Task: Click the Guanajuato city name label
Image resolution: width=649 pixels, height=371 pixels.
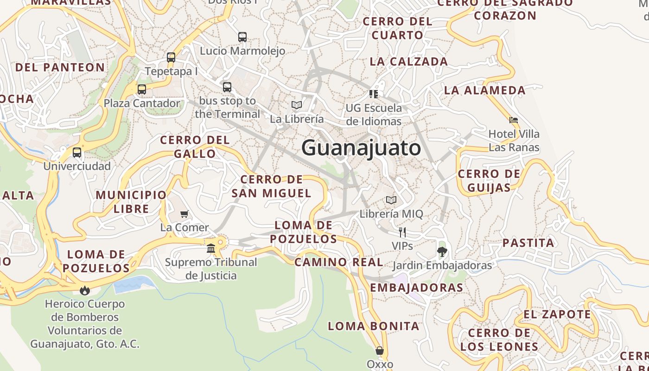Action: [361, 148]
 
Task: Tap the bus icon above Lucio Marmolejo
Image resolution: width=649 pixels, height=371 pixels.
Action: [242, 37]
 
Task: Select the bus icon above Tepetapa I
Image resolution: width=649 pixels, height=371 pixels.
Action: [171, 58]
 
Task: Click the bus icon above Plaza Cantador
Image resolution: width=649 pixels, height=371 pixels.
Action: [142, 89]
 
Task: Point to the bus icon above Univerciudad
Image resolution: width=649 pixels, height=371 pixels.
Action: [77, 152]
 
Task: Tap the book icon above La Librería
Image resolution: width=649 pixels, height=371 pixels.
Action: [297, 105]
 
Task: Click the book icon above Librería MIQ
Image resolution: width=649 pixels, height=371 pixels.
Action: [391, 200]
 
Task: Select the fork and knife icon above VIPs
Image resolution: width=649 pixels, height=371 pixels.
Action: [402, 232]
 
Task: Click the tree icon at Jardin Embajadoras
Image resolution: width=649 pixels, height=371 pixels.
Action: [442, 252]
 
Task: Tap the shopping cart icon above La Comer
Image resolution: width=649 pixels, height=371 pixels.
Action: [185, 214]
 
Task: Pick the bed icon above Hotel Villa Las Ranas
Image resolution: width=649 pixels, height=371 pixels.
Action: [514, 120]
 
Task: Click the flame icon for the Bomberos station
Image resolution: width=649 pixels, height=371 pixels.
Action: [84, 290]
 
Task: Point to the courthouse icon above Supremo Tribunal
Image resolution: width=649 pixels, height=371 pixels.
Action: [211, 249]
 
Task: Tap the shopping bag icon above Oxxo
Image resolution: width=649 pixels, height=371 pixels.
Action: [380, 351]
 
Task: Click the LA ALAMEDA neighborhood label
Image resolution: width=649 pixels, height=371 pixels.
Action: [485, 90]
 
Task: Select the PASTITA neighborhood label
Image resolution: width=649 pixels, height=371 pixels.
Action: [528, 243]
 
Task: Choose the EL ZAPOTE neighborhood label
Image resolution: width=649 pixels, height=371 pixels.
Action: [557, 314]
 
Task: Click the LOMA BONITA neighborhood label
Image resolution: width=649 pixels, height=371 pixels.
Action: [374, 326]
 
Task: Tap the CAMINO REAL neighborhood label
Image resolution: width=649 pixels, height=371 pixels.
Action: [339, 262]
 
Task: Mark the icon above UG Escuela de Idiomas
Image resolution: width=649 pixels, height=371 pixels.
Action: [374, 94]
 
